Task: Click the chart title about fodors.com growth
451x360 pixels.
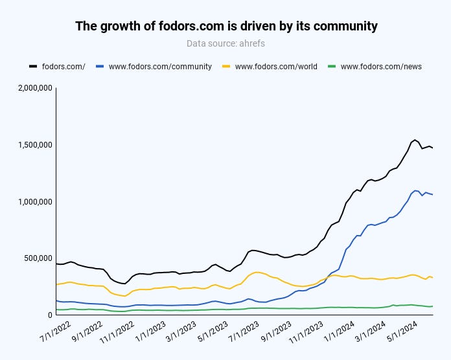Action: [225, 27]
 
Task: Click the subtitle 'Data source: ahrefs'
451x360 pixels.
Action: [225, 44]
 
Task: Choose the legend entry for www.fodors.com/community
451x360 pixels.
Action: [160, 66]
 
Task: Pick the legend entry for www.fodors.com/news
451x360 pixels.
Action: [381, 66]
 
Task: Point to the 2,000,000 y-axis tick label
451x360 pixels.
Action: [32, 88]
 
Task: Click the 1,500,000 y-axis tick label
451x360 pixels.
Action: [32, 144]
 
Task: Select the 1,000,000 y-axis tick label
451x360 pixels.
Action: [32, 201]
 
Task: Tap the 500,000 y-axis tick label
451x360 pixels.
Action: [36, 258]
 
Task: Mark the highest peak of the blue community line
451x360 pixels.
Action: [415, 190]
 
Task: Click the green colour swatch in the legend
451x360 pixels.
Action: [332, 66]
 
